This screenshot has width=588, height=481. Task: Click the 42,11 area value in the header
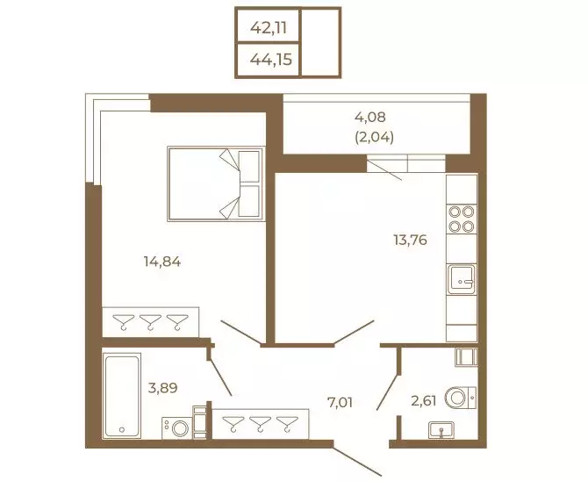click(269, 27)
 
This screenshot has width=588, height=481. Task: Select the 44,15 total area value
click(271, 60)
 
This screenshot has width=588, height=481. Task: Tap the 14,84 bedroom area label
click(162, 262)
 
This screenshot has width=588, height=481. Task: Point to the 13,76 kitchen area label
click(410, 240)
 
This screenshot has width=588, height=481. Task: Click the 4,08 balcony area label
click(370, 117)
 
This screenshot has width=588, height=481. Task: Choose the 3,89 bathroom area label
click(162, 388)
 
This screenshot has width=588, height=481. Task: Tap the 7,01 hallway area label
click(341, 403)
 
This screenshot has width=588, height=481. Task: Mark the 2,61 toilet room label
click(424, 401)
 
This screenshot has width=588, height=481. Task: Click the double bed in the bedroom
click(216, 183)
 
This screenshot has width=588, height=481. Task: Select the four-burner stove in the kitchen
click(462, 219)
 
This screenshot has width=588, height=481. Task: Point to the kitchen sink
click(462, 279)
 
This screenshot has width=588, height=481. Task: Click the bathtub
click(121, 396)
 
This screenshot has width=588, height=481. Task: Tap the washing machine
click(177, 428)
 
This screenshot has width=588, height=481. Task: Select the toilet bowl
click(461, 398)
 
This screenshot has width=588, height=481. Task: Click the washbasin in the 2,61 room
click(441, 429)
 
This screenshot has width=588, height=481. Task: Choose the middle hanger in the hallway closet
click(261, 424)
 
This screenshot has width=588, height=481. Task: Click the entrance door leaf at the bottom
click(357, 462)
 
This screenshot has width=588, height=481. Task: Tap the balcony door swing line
click(384, 169)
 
